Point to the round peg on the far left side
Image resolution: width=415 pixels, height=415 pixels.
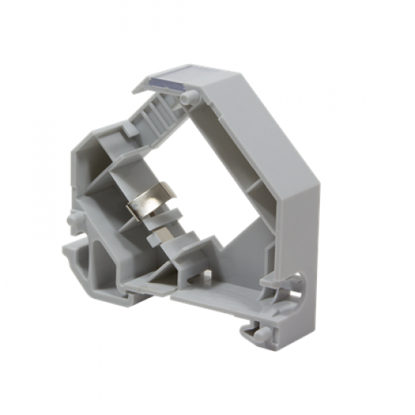point(72,221)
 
